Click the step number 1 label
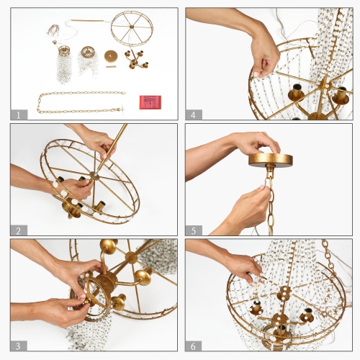point(18,114)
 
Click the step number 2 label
point(18,230)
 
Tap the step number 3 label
point(18,345)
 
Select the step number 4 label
point(194,114)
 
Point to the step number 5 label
point(194,230)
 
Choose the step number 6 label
point(194,345)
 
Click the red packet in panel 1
point(150,102)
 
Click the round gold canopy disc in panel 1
point(112,55)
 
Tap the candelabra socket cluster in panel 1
point(135,60)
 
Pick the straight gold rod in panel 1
point(86,20)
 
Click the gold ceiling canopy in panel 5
point(271,159)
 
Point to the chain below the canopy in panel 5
point(271,205)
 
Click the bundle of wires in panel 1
point(54,30)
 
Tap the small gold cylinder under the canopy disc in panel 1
point(111,67)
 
